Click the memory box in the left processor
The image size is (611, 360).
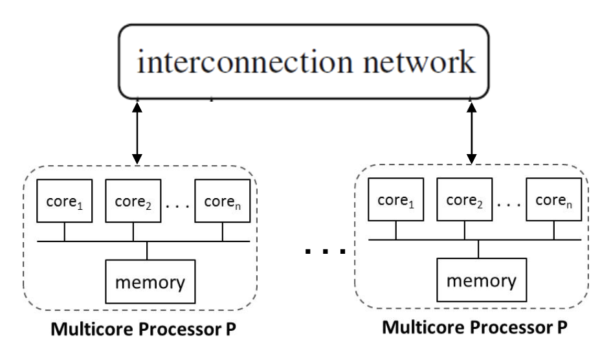tap(148, 282)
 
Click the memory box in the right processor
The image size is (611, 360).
tap(480, 282)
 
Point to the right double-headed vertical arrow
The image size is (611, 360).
tap(472, 130)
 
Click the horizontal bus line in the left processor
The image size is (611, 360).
tap(97, 242)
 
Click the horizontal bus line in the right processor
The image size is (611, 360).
tap(427, 242)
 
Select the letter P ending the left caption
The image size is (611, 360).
tap(229, 329)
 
